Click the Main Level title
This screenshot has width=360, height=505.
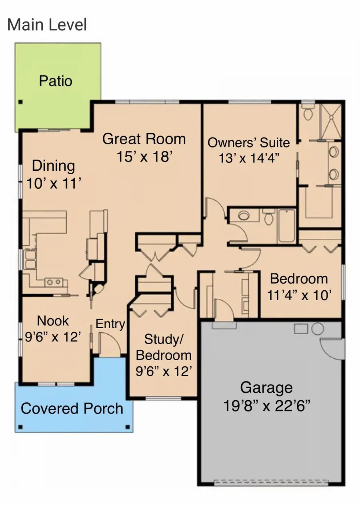click(47, 24)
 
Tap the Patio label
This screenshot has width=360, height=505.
click(56, 81)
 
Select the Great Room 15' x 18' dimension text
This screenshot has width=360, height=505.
click(144, 156)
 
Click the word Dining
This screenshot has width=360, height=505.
click(54, 166)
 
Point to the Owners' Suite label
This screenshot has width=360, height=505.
click(248, 142)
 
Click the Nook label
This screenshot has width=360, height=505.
click(53, 321)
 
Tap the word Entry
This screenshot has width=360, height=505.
click(110, 324)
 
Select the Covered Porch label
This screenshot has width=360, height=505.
click(72, 408)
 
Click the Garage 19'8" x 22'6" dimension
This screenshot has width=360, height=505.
click(267, 405)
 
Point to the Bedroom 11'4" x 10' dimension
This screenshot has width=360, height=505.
click(299, 295)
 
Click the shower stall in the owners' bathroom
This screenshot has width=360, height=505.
click(331, 121)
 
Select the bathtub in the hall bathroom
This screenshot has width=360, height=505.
click(287, 226)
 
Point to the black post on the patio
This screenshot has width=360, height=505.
click(20, 102)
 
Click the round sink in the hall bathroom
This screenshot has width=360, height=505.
click(244, 215)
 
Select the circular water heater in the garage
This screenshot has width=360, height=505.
click(318, 329)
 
